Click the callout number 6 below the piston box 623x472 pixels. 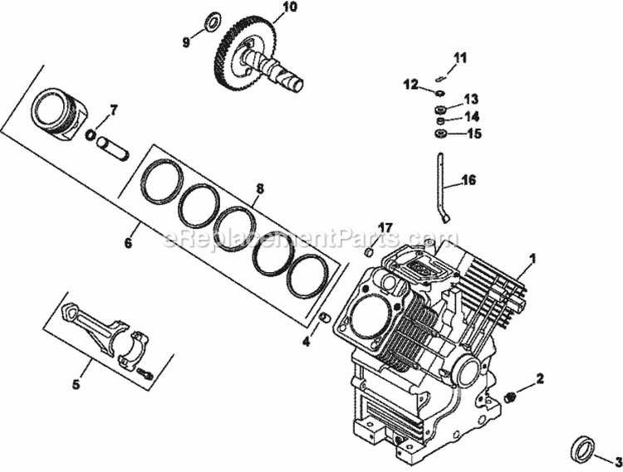click(128, 243)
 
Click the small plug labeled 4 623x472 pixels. click(326, 318)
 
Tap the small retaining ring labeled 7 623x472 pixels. click(91, 134)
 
